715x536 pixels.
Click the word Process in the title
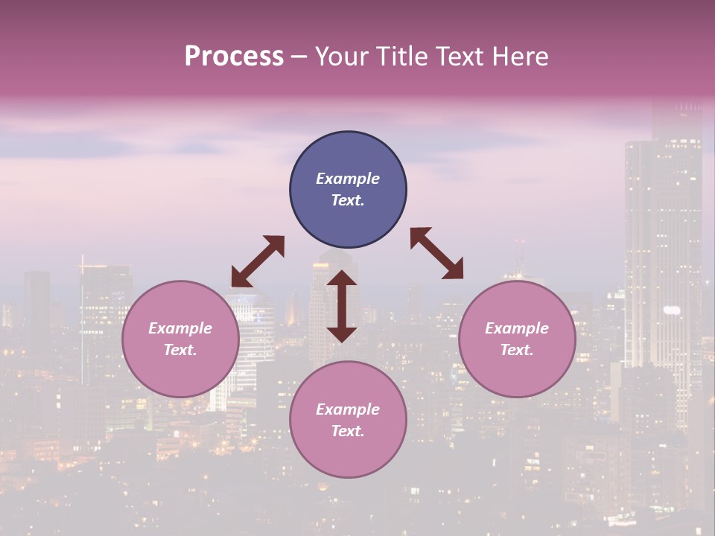coord(234,57)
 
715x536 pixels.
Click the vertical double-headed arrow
coord(342,306)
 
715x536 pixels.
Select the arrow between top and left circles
coord(258,261)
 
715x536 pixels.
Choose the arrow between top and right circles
coord(437,253)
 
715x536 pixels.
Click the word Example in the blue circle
coord(348,179)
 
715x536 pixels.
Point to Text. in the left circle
coord(180,350)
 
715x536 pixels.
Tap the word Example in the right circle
coord(517,328)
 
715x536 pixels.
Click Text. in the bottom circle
coord(348,431)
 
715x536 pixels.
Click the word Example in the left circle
coord(180,328)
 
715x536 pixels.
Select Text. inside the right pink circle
coord(517,350)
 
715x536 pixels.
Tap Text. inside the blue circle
coord(348,200)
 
